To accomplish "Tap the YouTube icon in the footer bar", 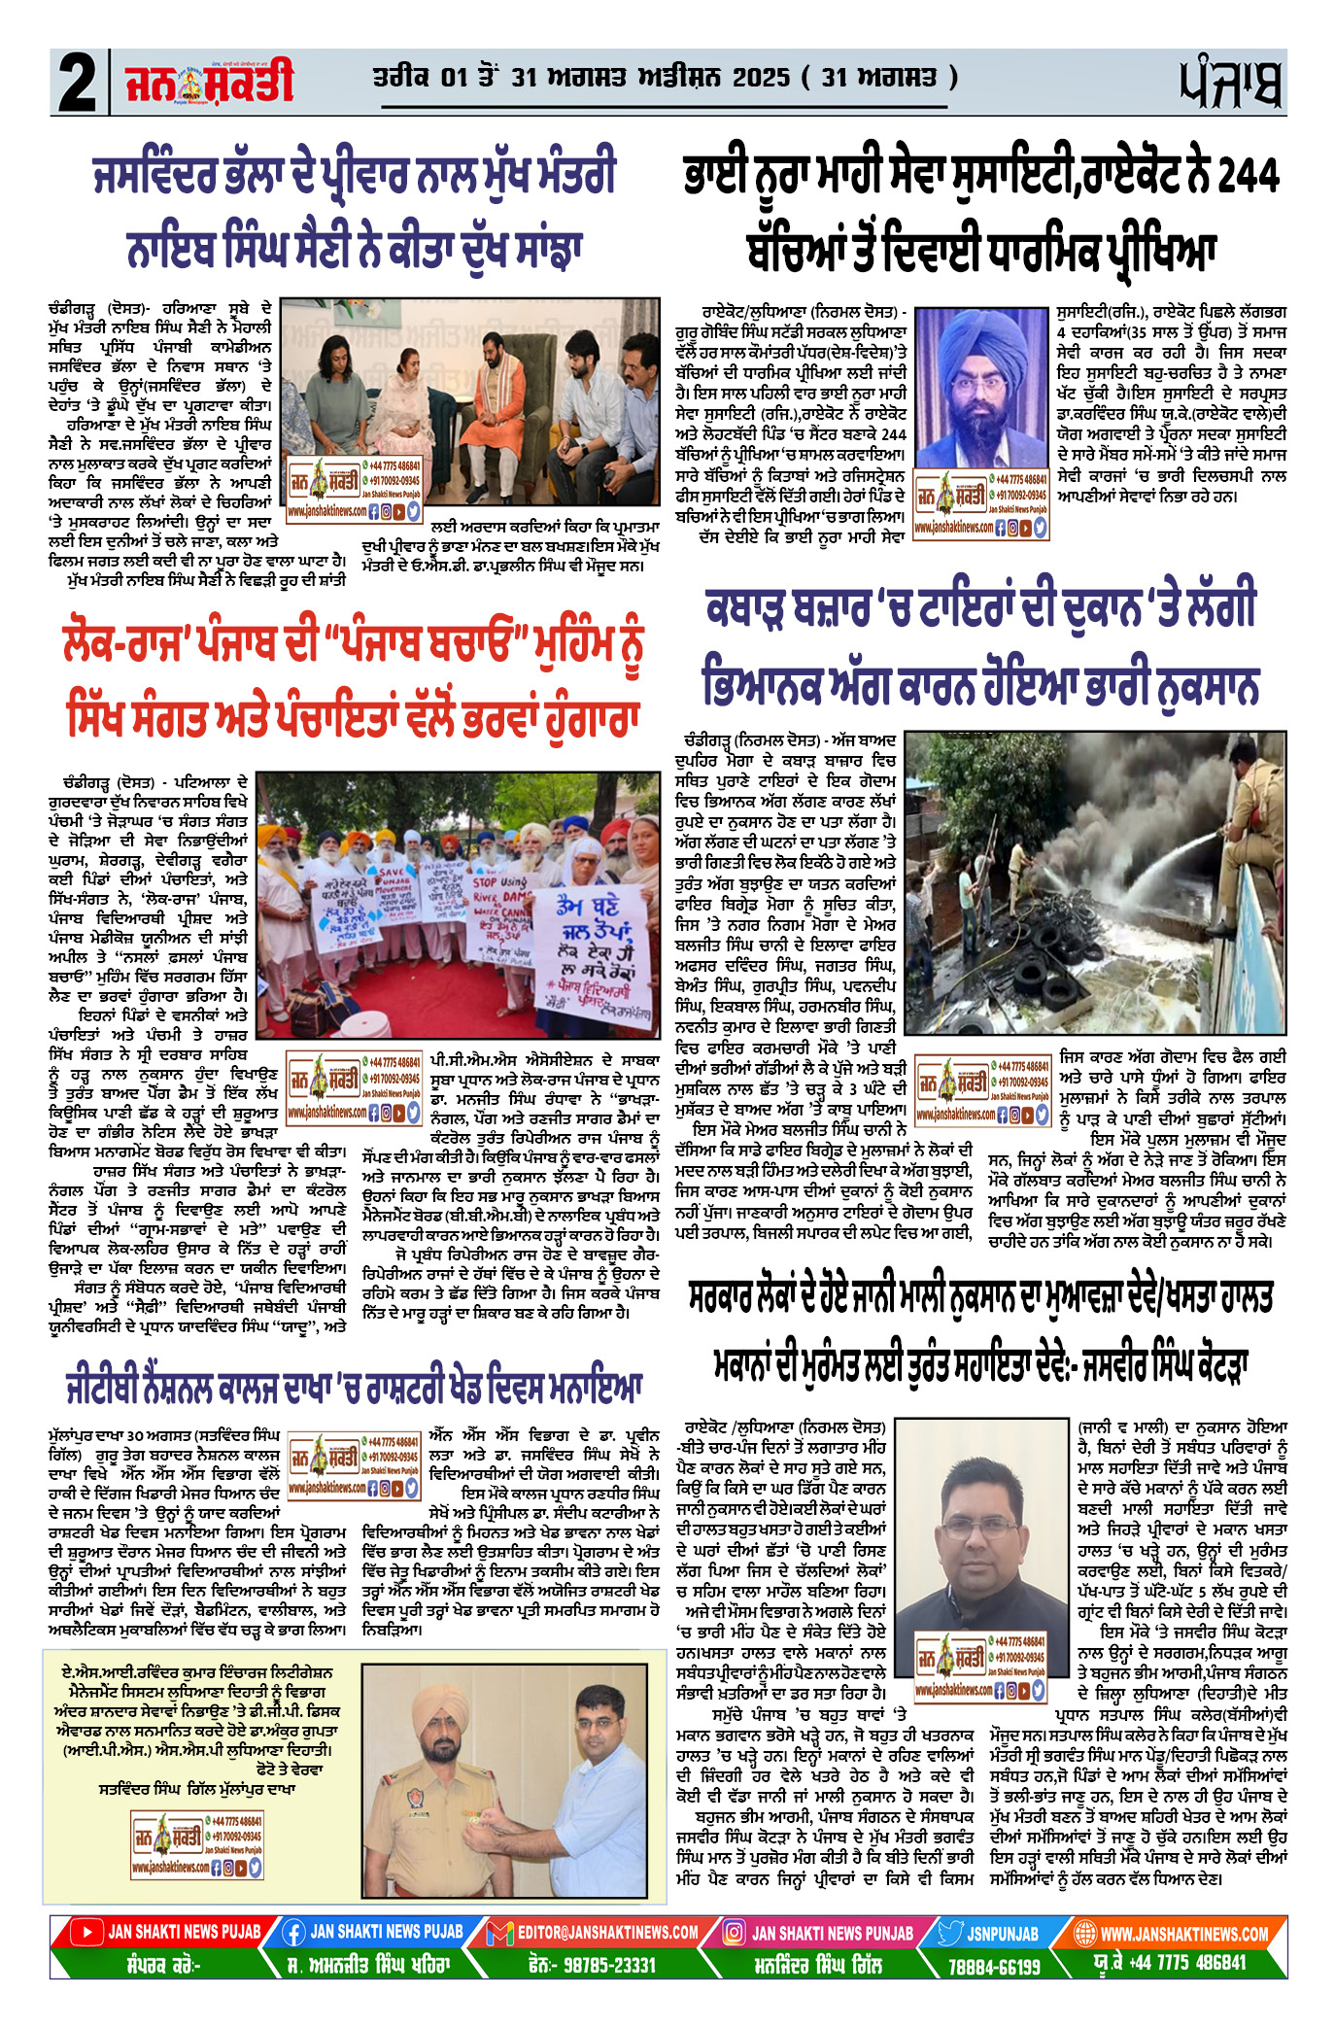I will coord(88,1932).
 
